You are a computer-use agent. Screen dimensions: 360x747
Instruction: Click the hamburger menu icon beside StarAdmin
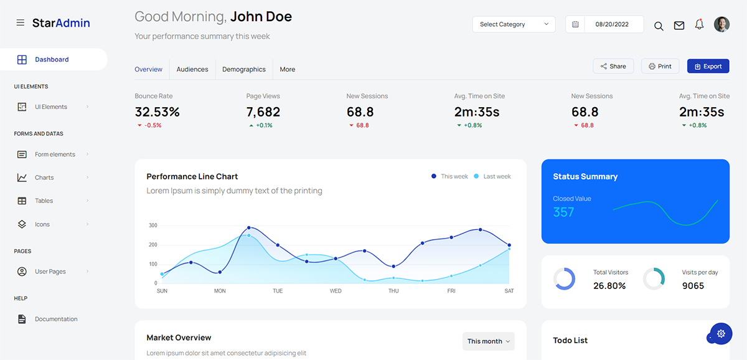coord(21,23)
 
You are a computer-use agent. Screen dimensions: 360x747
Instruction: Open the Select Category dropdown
coord(514,24)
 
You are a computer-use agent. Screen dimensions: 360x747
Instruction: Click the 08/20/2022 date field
coord(611,24)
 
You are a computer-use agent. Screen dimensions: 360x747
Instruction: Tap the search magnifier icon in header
coord(659,26)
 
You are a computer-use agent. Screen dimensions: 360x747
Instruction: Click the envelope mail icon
coord(679,25)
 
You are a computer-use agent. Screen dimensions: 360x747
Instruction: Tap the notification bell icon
coord(699,24)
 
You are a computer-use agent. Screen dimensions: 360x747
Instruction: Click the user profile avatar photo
coord(721,24)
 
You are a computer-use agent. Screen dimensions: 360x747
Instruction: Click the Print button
coord(660,66)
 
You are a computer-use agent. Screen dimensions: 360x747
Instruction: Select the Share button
coord(613,66)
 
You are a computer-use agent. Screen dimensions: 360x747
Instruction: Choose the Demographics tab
coord(244,69)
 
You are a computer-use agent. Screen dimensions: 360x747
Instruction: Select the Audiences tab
coord(192,69)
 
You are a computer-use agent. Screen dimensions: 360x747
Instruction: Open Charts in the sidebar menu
coord(44,178)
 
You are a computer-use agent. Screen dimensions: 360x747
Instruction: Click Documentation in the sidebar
coord(56,319)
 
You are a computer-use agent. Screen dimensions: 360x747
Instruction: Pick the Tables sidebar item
coord(44,201)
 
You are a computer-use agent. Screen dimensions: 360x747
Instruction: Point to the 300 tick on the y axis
coord(153,225)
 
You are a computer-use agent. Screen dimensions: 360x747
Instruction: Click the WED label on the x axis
coord(336,291)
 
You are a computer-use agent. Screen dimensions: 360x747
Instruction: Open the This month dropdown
coord(489,341)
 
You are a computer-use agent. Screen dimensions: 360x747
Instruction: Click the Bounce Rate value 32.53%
coord(157,112)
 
